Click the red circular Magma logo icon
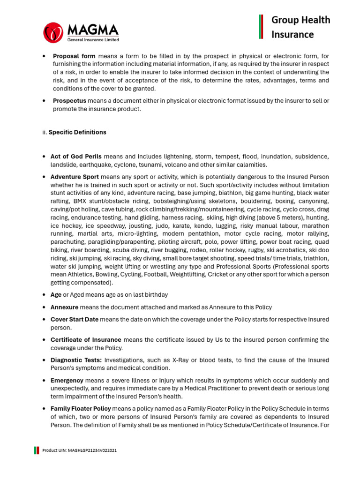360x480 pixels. click(x=53, y=32)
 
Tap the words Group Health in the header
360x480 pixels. click(x=301, y=20)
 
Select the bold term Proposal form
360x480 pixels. click(x=74, y=56)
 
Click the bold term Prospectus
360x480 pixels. click(x=69, y=101)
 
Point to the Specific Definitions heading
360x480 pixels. click(x=77, y=132)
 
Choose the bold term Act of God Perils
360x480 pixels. click(x=76, y=157)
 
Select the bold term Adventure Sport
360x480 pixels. click(x=75, y=177)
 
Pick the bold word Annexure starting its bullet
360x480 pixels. click(x=64, y=307)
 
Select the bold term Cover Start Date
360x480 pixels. click(x=75, y=319)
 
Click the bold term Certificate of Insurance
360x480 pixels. click(x=86, y=339)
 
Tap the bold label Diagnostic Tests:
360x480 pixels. click(x=76, y=360)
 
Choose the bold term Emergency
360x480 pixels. click(x=67, y=380)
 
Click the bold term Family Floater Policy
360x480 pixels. click(x=80, y=409)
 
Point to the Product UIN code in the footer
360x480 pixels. click(x=80, y=450)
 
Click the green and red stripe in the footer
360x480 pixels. click(x=36, y=450)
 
